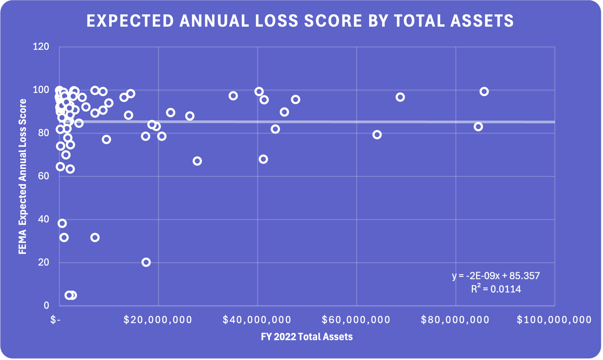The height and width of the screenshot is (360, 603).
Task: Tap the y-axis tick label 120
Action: pos(41,47)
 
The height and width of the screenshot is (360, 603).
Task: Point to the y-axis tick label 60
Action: pos(43,176)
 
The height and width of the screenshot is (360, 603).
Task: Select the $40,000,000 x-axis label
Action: pos(257,320)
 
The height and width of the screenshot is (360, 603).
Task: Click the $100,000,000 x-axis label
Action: pos(554,320)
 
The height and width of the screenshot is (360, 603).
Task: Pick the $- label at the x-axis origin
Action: pos(55,320)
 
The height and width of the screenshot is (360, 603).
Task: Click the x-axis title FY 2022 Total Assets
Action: pos(307,337)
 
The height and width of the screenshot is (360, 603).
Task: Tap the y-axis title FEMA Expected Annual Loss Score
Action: pos(23,176)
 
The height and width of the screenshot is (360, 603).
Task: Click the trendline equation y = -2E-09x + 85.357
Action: pos(496,276)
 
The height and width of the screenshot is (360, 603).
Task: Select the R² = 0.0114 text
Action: pos(496,289)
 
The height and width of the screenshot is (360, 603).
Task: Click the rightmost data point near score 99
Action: pos(484,92)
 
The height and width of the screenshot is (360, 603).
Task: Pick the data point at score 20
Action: pos(146,262)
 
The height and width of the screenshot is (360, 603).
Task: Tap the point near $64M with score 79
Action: pos(377,135)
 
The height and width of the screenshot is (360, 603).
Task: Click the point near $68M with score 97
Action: pos(400,97)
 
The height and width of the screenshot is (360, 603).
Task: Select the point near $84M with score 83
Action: pos(478,127)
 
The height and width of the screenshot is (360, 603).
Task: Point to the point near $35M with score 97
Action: pos(233,96)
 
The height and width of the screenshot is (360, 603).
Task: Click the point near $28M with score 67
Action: pos(197,161)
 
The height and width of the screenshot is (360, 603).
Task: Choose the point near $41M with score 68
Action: pos(263,159)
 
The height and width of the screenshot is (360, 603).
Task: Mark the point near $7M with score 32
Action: pos(95,237)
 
